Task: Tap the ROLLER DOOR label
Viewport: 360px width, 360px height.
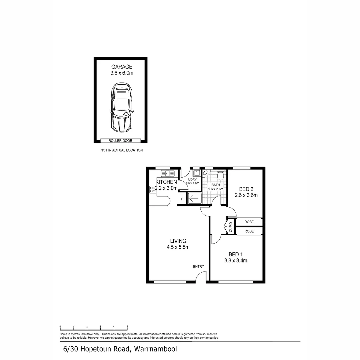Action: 121,141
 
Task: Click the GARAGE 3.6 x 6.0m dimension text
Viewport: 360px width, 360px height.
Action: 122,73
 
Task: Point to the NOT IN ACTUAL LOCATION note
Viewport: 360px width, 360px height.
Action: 122,150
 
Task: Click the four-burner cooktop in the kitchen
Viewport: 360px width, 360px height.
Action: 153,189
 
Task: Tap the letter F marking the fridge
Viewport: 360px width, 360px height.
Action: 182,199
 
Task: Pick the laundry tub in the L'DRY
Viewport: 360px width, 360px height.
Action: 197,173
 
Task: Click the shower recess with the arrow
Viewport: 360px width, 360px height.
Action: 194,198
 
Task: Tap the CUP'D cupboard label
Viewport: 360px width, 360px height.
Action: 231,227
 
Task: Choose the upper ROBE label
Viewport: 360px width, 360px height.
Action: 249,222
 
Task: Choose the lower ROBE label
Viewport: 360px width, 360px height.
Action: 249,231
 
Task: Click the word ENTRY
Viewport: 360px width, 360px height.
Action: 198,266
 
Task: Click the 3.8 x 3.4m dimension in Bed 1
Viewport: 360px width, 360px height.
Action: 235,261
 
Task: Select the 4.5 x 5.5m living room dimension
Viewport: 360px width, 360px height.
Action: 178,247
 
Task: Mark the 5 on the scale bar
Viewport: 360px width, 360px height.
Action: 127,327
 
